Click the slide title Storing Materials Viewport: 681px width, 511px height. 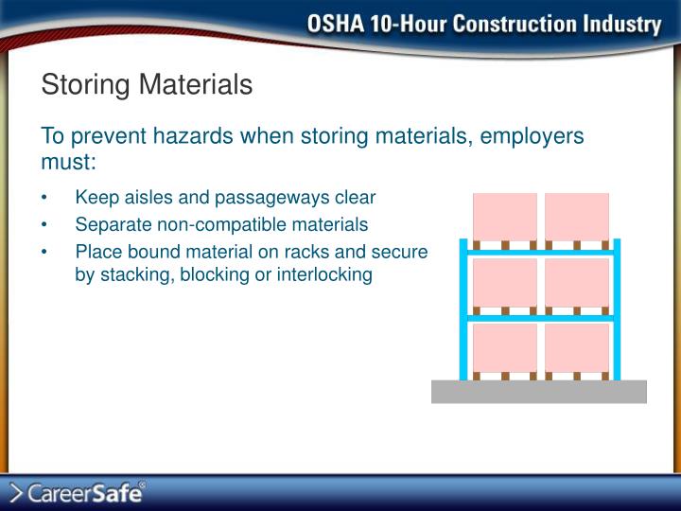coord(147,85)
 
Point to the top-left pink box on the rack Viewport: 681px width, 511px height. coord(505,217)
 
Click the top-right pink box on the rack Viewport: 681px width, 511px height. coord(577,217)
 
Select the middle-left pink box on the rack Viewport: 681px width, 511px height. coord(505,282)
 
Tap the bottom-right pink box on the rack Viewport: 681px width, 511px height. coord(577,347)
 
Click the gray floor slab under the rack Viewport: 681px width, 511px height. coord(539,392)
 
